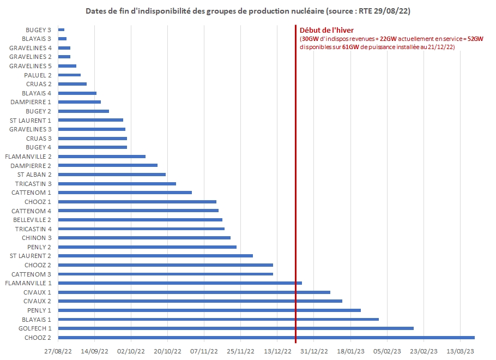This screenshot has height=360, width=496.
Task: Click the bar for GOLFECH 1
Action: [235, 328]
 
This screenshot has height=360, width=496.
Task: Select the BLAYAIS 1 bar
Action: [218, 319]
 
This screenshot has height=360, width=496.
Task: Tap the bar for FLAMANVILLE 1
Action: [180, 283]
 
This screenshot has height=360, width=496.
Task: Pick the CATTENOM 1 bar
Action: [125, 193]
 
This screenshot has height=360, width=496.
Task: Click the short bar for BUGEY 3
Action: [61, 29]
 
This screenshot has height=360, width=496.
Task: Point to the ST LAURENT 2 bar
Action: [155, 256]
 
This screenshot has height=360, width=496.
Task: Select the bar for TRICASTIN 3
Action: [117, 183]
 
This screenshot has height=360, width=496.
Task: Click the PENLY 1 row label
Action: [38, 310]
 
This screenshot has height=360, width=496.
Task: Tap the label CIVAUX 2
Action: [37, 301]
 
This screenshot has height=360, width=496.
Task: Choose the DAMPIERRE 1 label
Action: [31, 102]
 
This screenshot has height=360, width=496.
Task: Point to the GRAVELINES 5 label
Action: [31, 66]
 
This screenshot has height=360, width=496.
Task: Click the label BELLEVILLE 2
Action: [32, 220]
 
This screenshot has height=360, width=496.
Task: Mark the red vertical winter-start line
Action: [295, 164]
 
